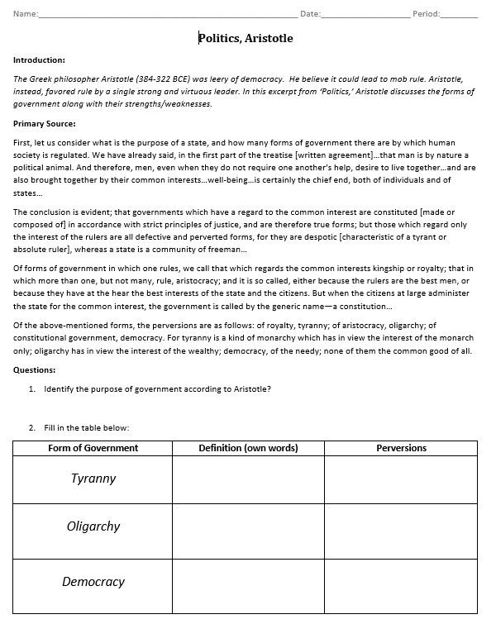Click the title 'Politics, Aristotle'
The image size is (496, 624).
pos(246,38)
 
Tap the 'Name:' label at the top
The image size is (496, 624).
pos(26,14)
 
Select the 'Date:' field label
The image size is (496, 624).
pos(310,14)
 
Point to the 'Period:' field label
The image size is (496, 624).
pos(427,14)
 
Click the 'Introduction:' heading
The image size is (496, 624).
pos(39,60)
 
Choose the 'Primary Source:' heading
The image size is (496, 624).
pos(45,124)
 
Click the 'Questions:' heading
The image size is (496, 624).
pos(34,369)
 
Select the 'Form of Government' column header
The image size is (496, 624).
pos(93,448)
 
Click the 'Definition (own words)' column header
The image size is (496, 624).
pos(247,448)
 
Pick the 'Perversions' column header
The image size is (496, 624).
pos(401,448)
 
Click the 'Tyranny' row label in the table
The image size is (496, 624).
pos(93,479)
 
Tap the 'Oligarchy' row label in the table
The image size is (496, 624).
pos(93,526)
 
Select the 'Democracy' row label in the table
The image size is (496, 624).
pos(93,582)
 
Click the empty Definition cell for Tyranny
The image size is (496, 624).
pos(247,479)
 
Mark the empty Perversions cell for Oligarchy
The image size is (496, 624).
pos(401,531)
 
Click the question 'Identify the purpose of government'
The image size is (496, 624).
pos(157,389)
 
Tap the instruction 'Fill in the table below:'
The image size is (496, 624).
pos(87,427)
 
